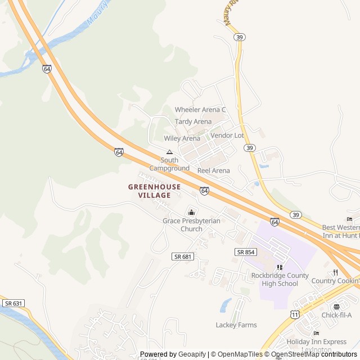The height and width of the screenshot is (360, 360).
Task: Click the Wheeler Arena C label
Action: tap(200, 110)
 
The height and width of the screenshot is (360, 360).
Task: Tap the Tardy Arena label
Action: tap(193, 121)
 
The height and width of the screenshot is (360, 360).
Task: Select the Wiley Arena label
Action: tap(182, 138)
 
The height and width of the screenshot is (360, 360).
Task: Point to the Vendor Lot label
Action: tap(227, 136)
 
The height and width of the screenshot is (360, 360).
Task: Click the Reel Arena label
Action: tap(214, 170)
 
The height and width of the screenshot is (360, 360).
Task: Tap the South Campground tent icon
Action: tap(169, 152)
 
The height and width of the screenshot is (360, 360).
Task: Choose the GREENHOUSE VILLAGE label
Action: tap(155, 191)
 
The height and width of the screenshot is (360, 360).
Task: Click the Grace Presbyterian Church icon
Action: tap(191, 212)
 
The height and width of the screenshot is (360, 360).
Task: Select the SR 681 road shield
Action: tap(183, 256)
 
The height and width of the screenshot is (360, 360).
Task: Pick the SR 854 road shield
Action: tap(246, 252)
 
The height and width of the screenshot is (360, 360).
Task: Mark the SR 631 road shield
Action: tap(13, 303)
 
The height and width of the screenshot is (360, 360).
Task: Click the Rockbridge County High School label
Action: tap(280, 280)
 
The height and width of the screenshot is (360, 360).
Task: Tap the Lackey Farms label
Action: tap(236, 325)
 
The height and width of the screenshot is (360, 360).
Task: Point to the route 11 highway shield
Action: tap(295, 314)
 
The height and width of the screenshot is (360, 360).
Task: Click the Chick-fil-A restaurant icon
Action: tap(336, 307)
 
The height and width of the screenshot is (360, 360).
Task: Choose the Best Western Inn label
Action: tap(340, 231)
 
